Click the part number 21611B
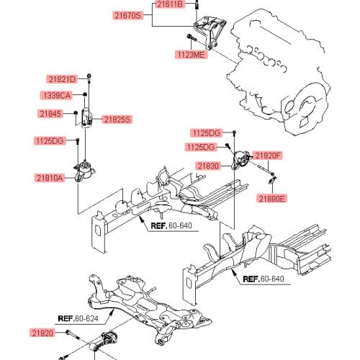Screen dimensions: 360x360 click(171, 4)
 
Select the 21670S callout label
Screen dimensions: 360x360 click(130, 14)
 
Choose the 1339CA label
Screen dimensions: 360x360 click(55, 95)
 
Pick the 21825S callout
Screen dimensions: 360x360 click(117, 119)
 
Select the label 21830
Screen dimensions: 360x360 click(209, 166)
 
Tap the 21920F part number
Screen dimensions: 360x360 click(268, 155)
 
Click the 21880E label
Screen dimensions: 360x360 click(271, 197)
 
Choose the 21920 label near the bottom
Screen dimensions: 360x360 click(41, 333)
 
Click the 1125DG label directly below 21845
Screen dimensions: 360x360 click(49, 140)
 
